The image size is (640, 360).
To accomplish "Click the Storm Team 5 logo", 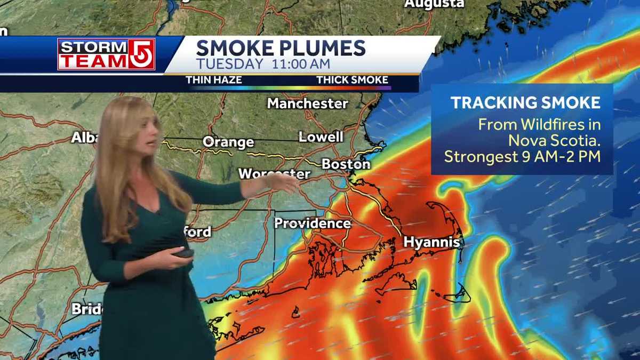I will pyautogui.click(x=106, y=54).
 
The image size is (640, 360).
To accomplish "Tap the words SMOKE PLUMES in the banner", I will pyautogui.click(x=281, y=48).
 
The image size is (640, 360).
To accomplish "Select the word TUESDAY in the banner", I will pyautogui.click(x=229, y=64).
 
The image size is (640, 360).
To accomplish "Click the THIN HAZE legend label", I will pyautogui.click(x=213, y=80).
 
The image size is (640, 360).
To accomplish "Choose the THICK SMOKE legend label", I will pyautogui.click(x=352, y=80).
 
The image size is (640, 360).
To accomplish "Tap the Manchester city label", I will pyautogui.click(x=307, y=103).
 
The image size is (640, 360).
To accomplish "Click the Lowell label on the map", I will pyautogui.click(x=321, y=137).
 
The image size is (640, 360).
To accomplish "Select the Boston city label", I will pyautogui.click(x=346, y=164).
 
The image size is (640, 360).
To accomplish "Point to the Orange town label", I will pyautogui.click(x=228, y=142).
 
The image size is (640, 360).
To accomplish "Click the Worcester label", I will pyautogui.click(x=274, y=174).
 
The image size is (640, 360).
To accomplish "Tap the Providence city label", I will pyautogui.click(x=313, y=223).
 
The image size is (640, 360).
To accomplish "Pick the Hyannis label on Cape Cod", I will pyautogui.click(x=431, y=242).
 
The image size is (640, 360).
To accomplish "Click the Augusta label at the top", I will pyautogui.click(x=434, y=4).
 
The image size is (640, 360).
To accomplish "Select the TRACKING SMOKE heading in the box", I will pyautogui.click(x=525, y=103).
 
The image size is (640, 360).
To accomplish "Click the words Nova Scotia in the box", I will pyautogui.click(x=554, y=141).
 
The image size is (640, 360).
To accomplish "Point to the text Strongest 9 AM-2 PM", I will pyautogui.click(x=522, y=157).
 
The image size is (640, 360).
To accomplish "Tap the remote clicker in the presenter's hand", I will pyautogui.click(x=185, y=253).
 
